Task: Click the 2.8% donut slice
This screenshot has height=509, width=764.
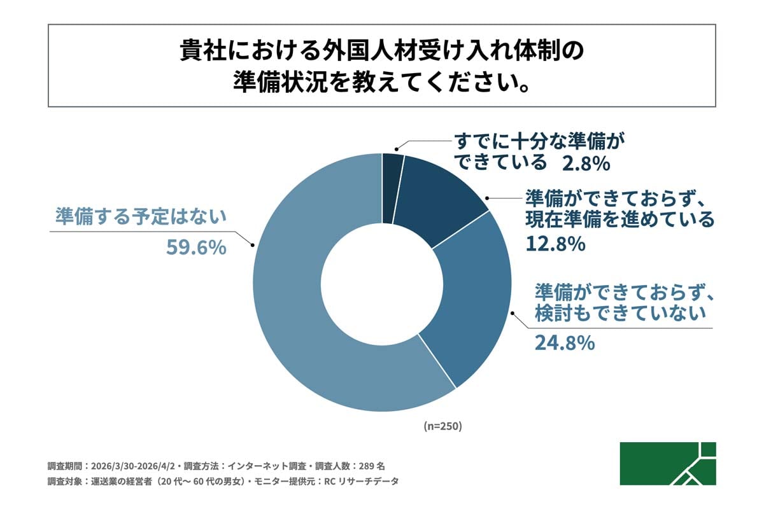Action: (392, 188)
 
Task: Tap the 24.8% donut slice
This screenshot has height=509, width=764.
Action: (471, 299)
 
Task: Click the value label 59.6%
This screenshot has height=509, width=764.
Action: (196, 248)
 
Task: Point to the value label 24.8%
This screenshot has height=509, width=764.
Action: (564, 344)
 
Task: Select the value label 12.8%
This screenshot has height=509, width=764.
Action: (555, 244)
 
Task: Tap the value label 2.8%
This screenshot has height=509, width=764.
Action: (586, 164)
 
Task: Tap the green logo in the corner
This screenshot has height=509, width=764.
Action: (667, 463)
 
